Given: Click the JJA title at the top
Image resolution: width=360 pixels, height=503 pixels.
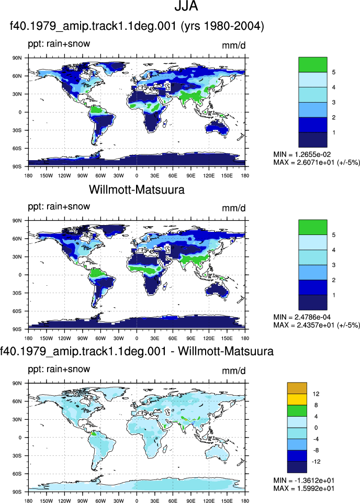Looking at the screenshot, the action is tap(186, 6).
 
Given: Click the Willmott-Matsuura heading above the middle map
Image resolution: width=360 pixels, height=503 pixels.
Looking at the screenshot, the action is tap(137, 189).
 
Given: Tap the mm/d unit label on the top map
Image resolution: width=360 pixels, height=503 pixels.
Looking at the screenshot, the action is tap(234, 46).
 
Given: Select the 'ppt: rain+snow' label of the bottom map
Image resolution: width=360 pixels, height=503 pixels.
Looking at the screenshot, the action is tap(59, 369).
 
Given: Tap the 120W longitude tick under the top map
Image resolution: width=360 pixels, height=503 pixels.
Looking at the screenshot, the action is tap(64, 176).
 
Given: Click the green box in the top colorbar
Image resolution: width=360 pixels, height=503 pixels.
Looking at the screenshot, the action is tap(312, 64).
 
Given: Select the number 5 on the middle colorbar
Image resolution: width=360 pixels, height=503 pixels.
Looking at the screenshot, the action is tap(334, 235).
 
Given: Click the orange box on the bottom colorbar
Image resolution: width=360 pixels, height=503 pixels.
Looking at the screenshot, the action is tap(297, 388).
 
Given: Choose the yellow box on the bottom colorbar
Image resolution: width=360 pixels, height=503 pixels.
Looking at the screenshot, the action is tap(297, 399).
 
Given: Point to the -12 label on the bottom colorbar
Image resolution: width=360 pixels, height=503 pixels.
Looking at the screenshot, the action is tap(316, 462).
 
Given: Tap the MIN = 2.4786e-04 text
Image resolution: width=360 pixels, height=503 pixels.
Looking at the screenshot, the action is tap(302, 317).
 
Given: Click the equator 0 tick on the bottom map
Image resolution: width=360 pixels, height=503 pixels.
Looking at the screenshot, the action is tap(20, 438).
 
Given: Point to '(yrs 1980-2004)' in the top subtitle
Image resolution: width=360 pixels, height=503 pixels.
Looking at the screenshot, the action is tap(222, 26).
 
